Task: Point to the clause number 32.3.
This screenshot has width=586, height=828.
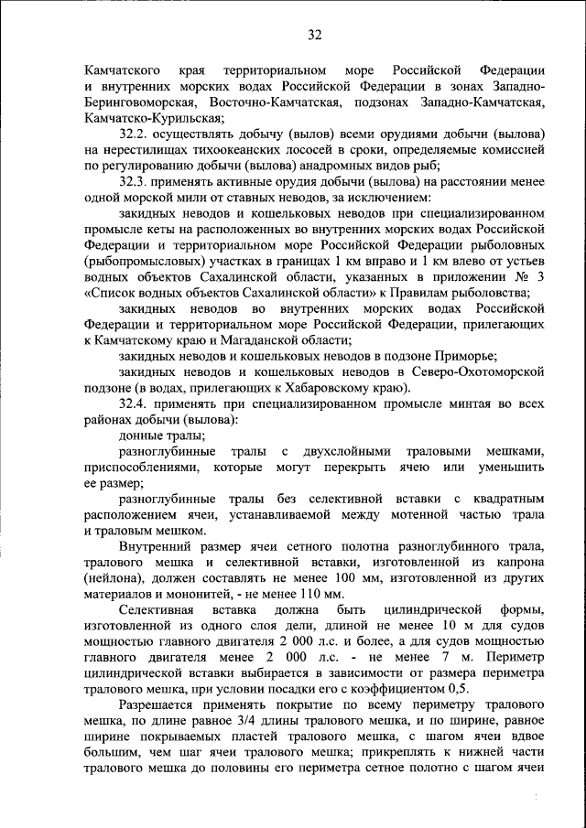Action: click(x=135, y=181)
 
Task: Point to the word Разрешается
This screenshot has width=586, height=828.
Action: click(x=165, y=705)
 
